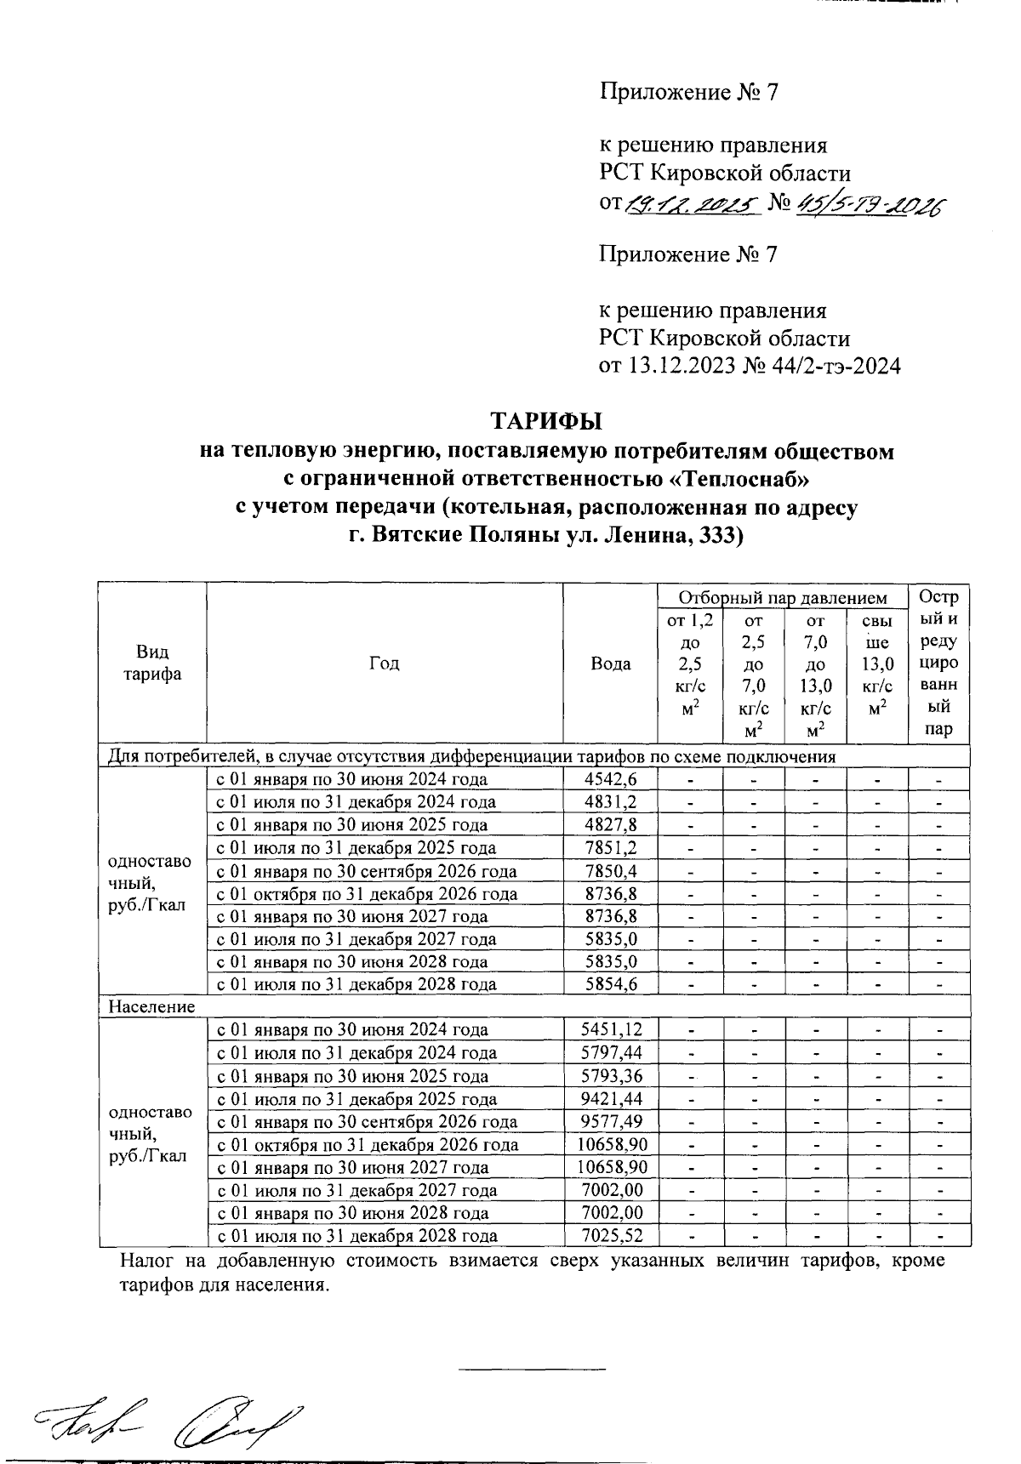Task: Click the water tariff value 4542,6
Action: click(609, 779)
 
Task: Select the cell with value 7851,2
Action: click(609, 848)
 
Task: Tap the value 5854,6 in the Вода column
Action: click(609, 984)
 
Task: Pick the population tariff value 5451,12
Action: click(609, 1030)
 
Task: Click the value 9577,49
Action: click(609, 1121)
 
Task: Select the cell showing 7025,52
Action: click(609, 1236)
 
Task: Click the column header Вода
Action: click(610, 664)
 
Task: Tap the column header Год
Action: click(384, 664)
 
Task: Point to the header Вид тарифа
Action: click(152, 664)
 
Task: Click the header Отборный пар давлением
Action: click(783, 598)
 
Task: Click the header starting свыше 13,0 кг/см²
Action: click(877, 664)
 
